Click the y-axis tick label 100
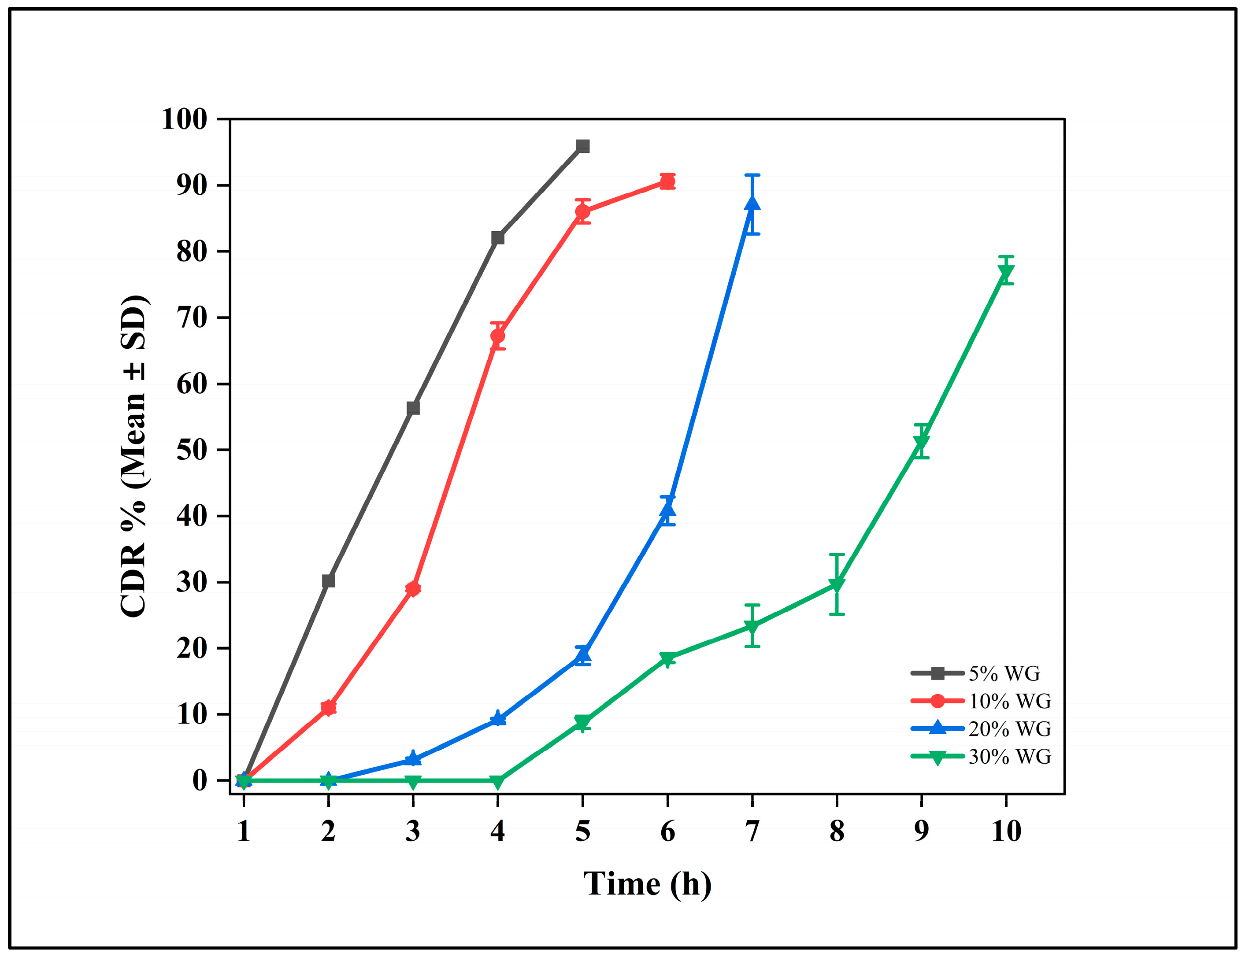pos(184,120)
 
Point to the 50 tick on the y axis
pos(192,450)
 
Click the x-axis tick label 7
pos(752,831)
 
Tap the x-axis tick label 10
pos(1006,831)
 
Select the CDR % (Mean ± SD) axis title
pos(134,456)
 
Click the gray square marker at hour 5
pos(582,146)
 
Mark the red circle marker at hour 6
pos(667,182)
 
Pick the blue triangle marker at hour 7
pos(752,203)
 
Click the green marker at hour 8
pos(837,585)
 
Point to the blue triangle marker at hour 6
pos(667,509)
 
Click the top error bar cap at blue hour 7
pos(752,175)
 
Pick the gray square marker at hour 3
pos(413,408)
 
